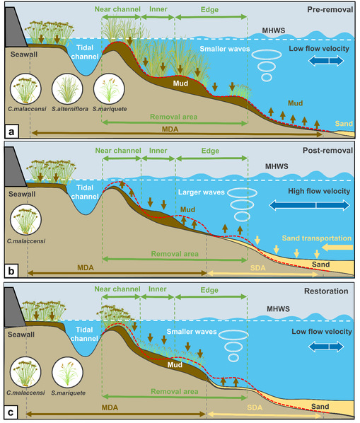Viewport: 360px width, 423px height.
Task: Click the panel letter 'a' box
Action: pos(11,132)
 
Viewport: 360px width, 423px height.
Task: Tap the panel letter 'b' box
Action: pos(11,271)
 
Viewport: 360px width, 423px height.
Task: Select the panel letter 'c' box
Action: pos(11,412)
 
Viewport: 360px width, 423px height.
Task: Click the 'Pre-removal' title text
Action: pos(330,10)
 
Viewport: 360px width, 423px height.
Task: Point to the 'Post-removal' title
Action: pos(327,151)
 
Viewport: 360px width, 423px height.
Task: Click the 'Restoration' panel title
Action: pos(326,291)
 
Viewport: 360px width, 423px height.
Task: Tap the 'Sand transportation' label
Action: pos(317,238)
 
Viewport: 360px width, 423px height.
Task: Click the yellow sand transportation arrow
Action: pos(337,247)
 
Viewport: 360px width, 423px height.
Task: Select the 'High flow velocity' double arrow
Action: pos(309,205)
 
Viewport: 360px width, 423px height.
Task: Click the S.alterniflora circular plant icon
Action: pos(67,89)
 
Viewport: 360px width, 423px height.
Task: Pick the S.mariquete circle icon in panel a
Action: pos(109,89)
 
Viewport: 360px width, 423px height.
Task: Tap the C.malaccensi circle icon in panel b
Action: pos(26,219)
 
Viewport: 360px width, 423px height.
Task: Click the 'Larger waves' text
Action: pos(201,192)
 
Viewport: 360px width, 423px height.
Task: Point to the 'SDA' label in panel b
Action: pos(257,268)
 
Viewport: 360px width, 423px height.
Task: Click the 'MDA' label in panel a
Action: pos(170,129)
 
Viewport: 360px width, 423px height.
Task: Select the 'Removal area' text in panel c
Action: pos(175,391)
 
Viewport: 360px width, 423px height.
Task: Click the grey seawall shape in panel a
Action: pos(14,28)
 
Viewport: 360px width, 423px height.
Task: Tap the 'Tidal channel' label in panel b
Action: pos(85,192)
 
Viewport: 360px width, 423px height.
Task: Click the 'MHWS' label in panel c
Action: pos(278,309)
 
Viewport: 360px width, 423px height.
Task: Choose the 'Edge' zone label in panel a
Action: pos(209,10)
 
